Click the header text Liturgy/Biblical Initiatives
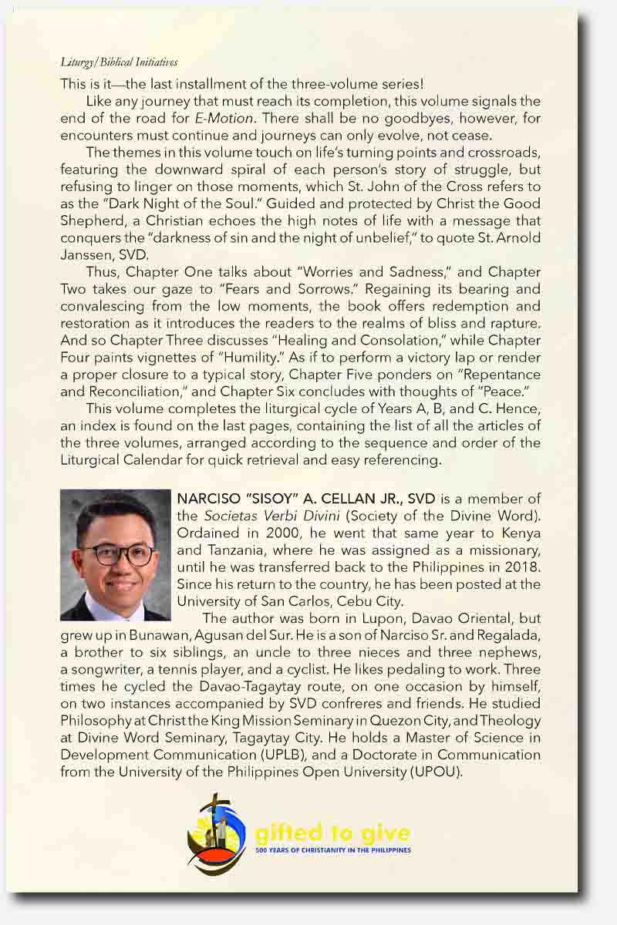119,62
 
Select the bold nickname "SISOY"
264,499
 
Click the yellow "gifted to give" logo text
332,832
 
